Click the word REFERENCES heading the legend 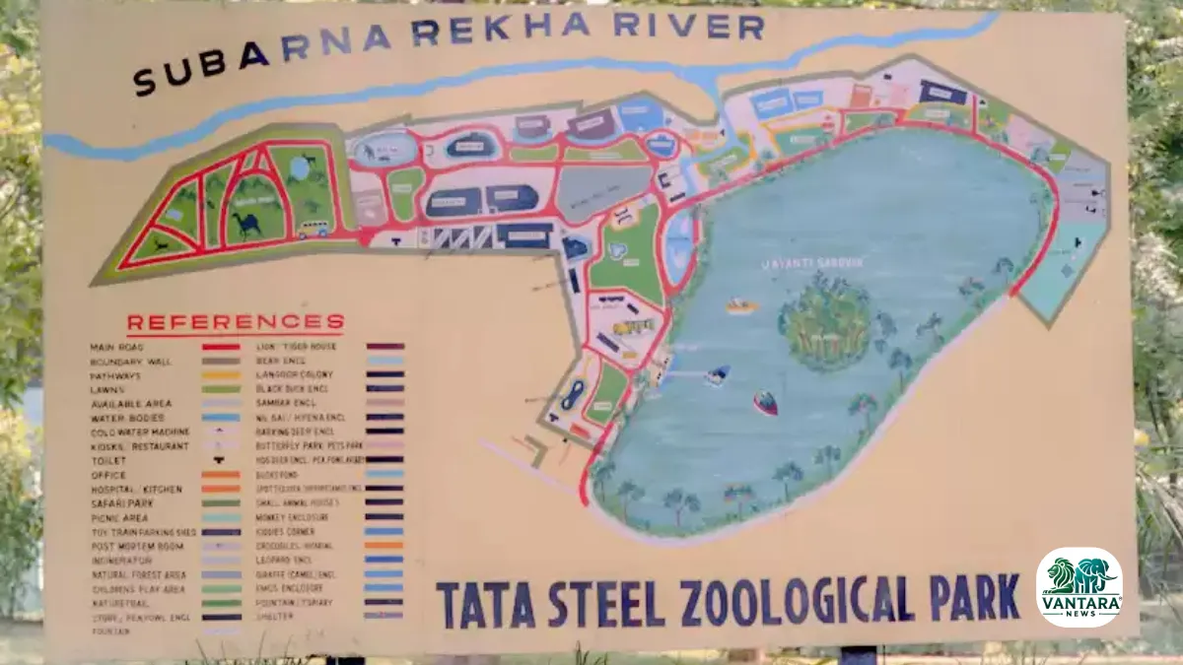[236, 323]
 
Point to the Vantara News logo [1079, 587]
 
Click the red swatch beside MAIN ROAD [222, 347]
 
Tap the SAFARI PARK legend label [121, 503]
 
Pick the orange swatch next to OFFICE [222, 475]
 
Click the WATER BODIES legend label [125, 418]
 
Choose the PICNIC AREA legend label [119, 517]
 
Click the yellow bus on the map [313, 229]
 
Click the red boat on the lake [765, 402]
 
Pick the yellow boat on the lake [742, 305]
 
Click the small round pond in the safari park [300, 168]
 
